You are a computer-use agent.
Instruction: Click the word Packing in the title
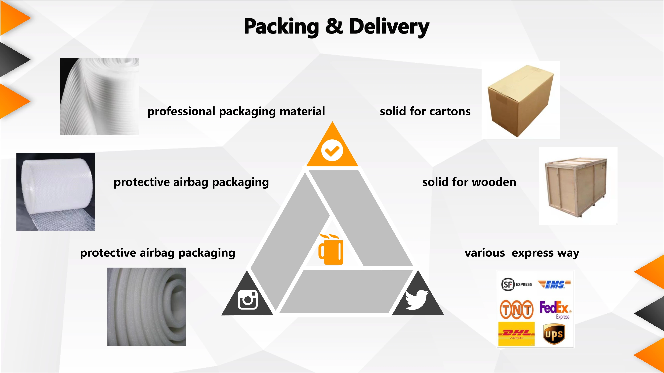tap(281, 27)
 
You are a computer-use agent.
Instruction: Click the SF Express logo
tap(516, 284)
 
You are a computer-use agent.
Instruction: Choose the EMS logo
tap(554, 284)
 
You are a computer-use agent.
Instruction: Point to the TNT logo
tap(516, 309)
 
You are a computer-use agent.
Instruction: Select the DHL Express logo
tap(516, 334)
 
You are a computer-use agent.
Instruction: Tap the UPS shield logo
tap(554, 334)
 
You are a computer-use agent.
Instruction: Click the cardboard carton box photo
tap(521, 100)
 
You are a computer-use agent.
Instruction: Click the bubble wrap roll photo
tap(55, 192)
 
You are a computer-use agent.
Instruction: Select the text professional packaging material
tap(236, 111)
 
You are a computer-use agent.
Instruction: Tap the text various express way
tap(522, 253)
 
